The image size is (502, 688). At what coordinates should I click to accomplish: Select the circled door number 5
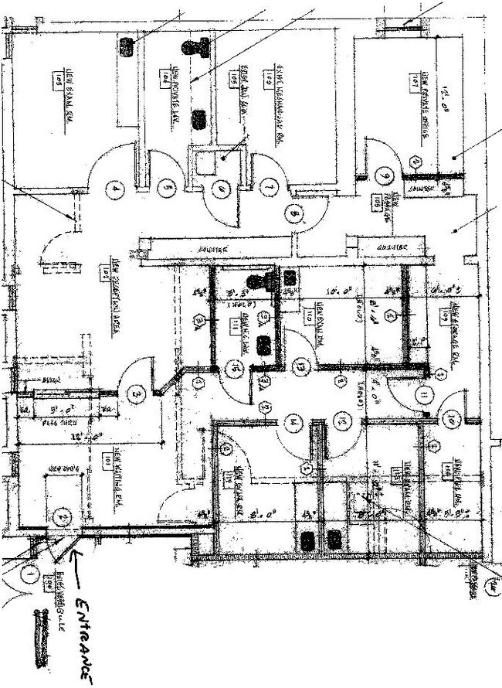165,186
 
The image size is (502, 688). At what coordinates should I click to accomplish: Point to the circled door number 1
29,574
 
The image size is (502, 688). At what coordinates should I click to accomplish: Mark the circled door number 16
233,370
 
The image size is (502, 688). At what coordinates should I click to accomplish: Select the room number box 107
415,78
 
